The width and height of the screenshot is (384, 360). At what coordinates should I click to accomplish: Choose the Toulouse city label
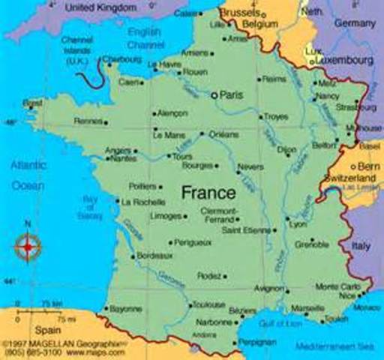coord(208,304)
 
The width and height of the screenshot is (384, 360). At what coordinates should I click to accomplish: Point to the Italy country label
coord(362,245)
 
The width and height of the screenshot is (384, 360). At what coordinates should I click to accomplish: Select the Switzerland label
coord(349,177)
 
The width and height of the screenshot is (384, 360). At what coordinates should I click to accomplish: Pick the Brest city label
coord(32,103)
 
